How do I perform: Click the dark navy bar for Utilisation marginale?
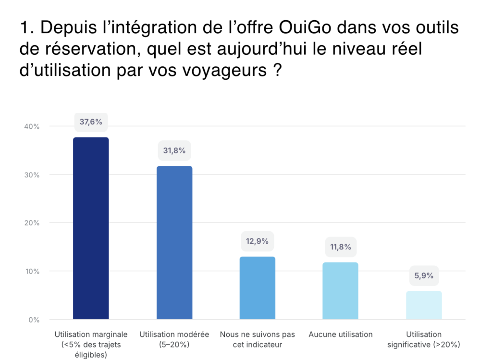(91, 228)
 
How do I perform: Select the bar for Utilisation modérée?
(174, 243)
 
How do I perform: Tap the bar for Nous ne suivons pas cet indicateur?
(257, 288)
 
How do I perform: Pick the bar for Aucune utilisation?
(340, 291)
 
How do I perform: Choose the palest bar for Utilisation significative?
(424, 305)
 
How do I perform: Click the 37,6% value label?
(91, 122)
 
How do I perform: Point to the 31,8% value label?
(174, 150)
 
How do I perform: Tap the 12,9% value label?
(257, 241)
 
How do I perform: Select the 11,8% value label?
(340, 247)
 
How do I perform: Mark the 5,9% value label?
(424, 275)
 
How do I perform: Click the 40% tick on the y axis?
(32, 126)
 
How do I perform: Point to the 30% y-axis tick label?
(32, 175)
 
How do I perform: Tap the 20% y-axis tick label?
(32, 223)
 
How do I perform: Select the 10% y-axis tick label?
(32, 272)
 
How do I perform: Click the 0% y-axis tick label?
(34, 320)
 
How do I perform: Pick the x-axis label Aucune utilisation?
(340, 335)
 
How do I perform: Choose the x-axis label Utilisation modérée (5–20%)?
(174, 339)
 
